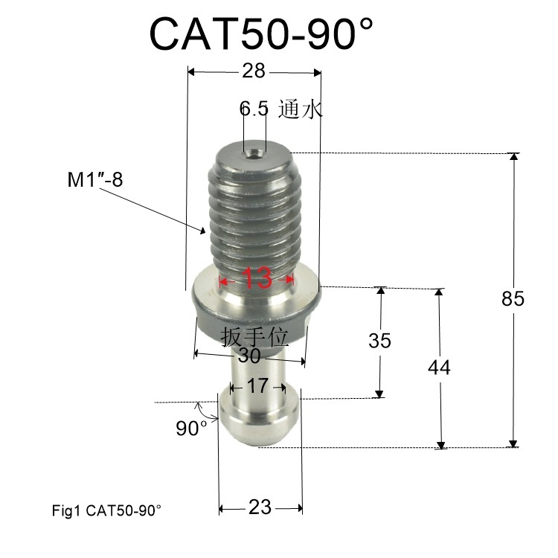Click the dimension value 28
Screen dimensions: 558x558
pos(254,71)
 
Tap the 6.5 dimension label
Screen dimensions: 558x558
pos(254,109)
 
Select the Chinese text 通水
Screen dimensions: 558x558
pos(300,109)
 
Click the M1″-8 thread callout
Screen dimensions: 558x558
pos(92,181)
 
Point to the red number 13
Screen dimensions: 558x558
pos(257,280)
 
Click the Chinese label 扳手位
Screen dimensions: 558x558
pos(254,337)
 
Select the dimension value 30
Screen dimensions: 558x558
pos(249,356)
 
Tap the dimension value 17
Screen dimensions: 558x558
pos(257,386)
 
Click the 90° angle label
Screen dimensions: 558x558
pos(191,429)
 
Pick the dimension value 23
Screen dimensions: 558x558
pos(259,508)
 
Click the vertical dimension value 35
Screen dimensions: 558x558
pos(379,341)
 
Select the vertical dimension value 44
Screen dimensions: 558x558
pos(440,367)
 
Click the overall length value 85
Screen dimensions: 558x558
pos(513,298)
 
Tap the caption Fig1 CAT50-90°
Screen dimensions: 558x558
pos(106,511)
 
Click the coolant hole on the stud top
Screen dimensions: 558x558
pos(254,153)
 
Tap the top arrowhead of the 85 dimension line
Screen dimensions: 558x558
pos(513,158)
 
